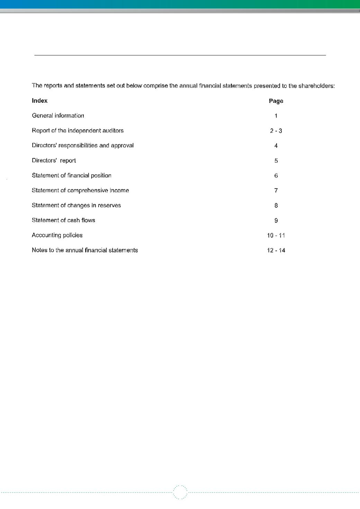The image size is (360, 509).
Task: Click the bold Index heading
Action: pyautogui.click(x=39, y=101)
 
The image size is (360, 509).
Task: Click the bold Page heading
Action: pyautogui.click(x=276, y=101)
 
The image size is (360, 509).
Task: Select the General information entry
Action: pyautogui.click(x=58, y=116)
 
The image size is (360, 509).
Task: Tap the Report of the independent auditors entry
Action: pyautogui.click(x=78, y=130)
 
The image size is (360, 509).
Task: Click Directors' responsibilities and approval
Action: pyautogui.click(x=83, y=145)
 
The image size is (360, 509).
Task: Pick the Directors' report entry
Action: pyautogui.click(x=54, y=161)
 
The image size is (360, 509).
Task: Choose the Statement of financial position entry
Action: pyautogui.click(x=72, y=175)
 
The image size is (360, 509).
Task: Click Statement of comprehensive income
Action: pyautogui.click(x=80, y=190)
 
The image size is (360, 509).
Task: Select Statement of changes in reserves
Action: pyautogui.click(x=76, y=205)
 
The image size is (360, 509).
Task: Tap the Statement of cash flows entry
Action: pyautogui.click(x=63, y=220)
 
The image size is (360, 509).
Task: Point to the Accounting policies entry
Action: pyautogui.click(x=57, y=235)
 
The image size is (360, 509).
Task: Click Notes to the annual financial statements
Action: pyautogui.click(x=85, y=250)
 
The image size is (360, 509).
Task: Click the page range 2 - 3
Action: pyautogui.click(x=276, y=131)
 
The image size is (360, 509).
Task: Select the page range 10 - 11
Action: pyautogui.click(x=276, y=235)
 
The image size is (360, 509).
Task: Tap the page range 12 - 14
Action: pyautogui.click(x=276, y=251)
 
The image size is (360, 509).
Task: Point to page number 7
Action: pyautogui.click(x=276, y=191)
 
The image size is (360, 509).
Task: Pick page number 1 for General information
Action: pyautogui.click(x=276, y=116)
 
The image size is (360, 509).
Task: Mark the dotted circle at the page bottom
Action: pyautogui.click(x=180, y=492)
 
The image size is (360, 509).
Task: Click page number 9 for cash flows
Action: pyautogui.click(x=276, y=220)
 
